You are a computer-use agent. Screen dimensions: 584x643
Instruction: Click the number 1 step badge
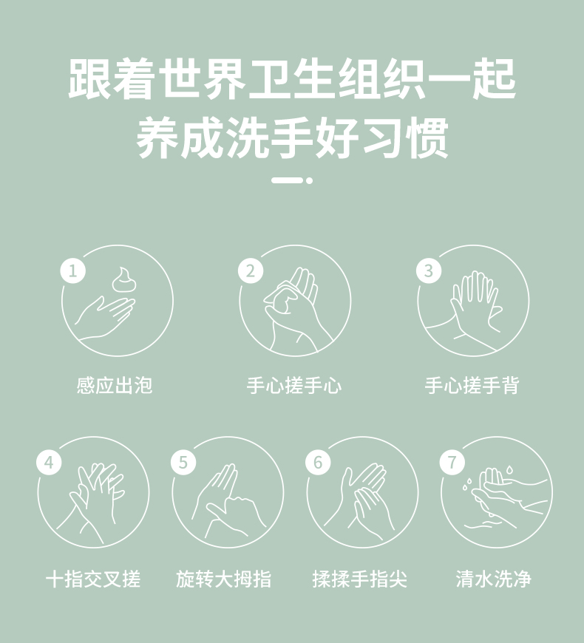pos(73,271)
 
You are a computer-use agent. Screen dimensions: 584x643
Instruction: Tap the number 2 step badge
pos(251,271)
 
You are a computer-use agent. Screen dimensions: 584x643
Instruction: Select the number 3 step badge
pos(429,271)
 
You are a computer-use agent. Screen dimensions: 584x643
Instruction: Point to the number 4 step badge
pos(49,462)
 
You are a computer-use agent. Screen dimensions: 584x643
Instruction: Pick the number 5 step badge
pos(183,462)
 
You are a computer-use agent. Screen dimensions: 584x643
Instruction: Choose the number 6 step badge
pos(318,462)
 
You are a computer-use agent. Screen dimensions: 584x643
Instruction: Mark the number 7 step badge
pos(452,462)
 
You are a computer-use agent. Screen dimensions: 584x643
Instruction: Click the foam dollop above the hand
pos(123,279)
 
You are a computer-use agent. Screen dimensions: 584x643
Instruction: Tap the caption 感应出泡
pos(115,386)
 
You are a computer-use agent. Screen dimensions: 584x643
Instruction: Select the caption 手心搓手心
pos(294,386)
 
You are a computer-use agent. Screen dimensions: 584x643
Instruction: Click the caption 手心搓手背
pos(472,386)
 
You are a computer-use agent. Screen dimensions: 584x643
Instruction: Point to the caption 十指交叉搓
pos(93,579)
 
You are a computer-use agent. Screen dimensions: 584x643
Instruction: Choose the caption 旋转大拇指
pos(223,579)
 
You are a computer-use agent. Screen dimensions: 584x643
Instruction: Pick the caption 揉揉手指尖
pos(360,579)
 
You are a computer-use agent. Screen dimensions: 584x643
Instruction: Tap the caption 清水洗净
pos(493,579)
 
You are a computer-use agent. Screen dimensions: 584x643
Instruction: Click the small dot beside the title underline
pos(309,180)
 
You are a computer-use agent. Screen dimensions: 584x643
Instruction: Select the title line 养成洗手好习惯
pos(293,137)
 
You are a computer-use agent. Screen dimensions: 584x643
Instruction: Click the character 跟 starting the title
pos(89,79)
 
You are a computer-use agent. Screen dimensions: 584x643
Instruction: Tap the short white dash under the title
pos(287,180)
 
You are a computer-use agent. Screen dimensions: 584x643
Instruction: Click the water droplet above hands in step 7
pos(509,469)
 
